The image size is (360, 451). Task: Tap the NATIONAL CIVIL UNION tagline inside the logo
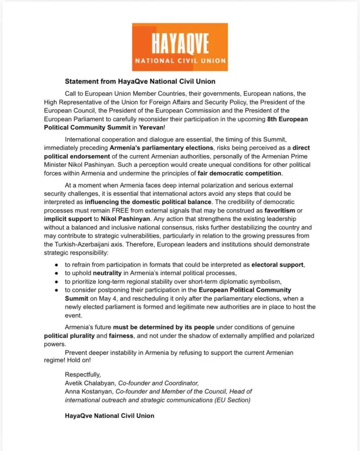(180, 60)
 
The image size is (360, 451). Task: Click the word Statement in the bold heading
(80, 82)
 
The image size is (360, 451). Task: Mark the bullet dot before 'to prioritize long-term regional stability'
(56, 282)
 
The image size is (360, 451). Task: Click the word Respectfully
(83, 374)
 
